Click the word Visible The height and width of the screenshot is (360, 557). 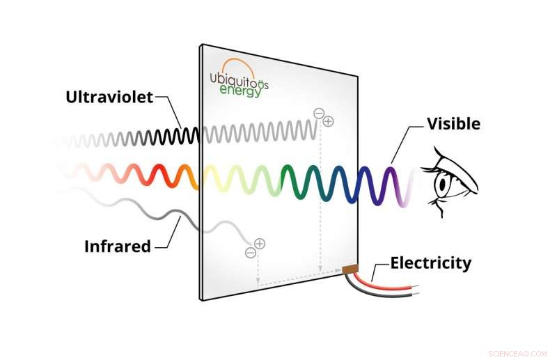pos(453,124)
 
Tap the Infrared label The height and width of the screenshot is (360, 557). pos(117,246)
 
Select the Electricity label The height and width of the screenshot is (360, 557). pos(430,263)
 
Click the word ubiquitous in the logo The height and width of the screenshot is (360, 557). pos(239,79)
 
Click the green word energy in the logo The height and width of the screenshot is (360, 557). pos(240,91)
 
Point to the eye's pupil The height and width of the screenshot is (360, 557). pos(442,185)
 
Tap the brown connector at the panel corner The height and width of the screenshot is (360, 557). pos(350,269)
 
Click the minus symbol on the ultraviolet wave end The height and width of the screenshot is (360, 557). pos(319,112)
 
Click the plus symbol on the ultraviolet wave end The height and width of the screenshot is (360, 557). pos(329,121)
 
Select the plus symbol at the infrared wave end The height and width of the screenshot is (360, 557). pos(260,243)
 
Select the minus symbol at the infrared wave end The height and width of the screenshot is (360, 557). pos(250,253)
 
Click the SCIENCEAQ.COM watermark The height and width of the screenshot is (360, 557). pos(517,352)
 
